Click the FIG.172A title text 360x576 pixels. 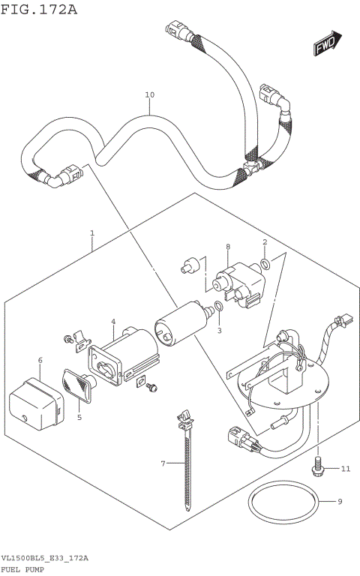point(39,10)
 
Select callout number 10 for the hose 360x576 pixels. point(149,95)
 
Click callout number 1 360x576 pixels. point(91,233)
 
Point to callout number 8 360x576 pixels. point(227,247)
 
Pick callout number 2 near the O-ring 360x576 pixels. point(265,242)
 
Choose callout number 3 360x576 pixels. point(220,331)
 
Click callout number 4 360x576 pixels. point(112,322)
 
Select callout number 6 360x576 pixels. point(40,361)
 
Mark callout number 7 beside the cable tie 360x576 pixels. point(162,464)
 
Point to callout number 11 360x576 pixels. point(345,469)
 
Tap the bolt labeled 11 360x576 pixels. point(317,466)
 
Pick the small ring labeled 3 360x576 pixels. point(217,306)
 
